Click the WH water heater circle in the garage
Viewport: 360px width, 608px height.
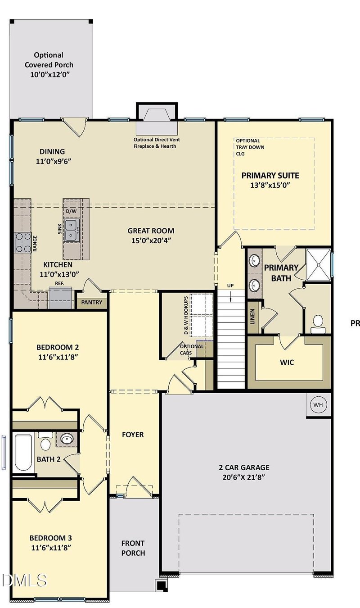click(318, 404)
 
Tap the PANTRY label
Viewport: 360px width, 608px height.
click(92, 302)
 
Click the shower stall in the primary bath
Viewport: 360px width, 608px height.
click(318, 263)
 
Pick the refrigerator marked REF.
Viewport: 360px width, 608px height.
click(60, 298)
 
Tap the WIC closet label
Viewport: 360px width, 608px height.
click(287, 362)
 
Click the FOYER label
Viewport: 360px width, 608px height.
click(133, 435)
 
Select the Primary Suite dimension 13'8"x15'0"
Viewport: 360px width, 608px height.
click(270, 185)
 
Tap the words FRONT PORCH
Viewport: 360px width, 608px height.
click(133, 548)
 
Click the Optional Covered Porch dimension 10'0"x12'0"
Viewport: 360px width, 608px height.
click(49, 74)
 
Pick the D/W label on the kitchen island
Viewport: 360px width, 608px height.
click(71, 211)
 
